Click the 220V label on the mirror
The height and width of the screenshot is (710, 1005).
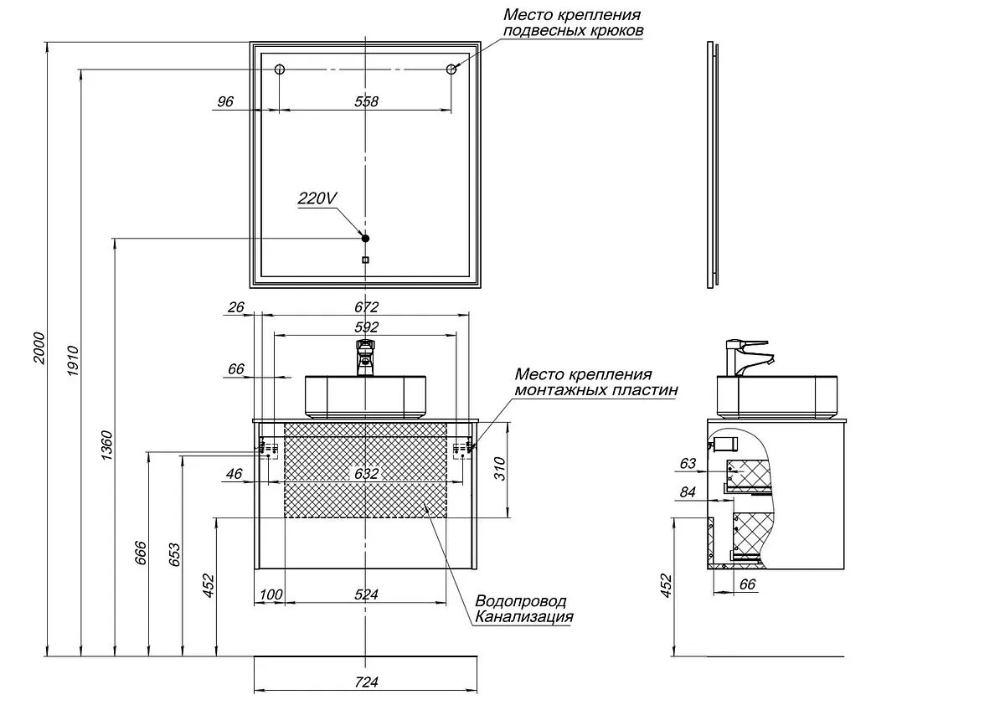[317, 199]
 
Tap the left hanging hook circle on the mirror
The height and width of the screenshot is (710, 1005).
[281, 69]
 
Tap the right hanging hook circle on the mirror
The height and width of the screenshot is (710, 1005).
[451, 69]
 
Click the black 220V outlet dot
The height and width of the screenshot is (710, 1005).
[365, 239]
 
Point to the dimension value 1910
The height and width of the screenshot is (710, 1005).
[72, 360]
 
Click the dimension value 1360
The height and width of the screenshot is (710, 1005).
[106, 448]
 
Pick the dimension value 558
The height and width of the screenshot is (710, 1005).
[367, 101]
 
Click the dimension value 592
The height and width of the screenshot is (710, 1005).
[367, 327]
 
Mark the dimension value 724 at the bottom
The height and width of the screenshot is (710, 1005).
[367, 682]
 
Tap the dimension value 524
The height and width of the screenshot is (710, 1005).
[367, 594]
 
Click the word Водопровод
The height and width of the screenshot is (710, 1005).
[520, 601]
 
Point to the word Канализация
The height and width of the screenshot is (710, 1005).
[524, 617]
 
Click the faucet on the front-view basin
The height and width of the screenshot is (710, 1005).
[366, 357]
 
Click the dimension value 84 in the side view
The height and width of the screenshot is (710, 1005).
[688, 492]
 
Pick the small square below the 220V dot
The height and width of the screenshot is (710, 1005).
[365, 260]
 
